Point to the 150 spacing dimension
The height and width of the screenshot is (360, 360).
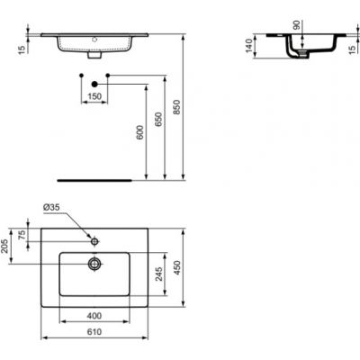tap(94, 95)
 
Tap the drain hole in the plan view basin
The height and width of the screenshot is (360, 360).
tap(93, 265)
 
